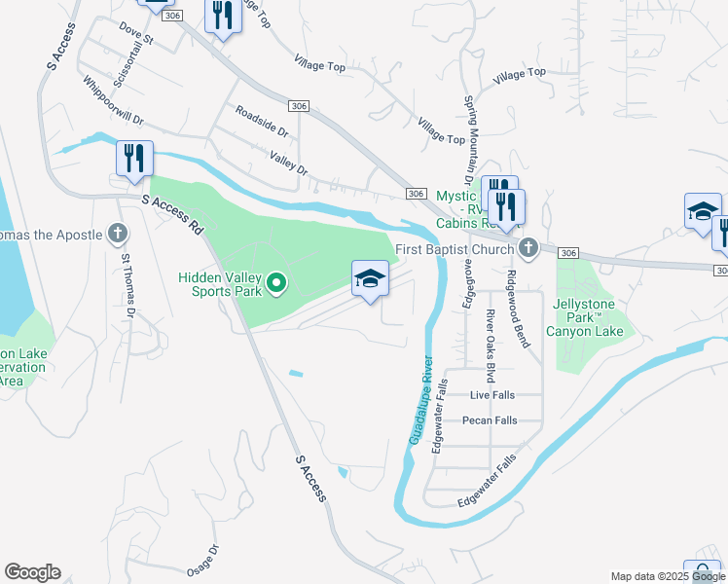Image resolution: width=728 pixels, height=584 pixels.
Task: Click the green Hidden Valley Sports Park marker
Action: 276,284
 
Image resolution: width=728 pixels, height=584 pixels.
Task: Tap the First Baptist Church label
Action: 455,249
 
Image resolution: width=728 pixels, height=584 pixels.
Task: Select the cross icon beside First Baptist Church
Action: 528,248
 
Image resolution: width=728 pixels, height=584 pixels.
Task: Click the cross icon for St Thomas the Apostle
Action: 117,234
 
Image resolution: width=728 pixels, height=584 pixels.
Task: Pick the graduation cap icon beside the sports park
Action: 370,279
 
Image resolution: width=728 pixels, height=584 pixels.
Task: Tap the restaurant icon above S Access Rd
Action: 134,159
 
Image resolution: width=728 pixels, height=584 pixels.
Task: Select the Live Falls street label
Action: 491,395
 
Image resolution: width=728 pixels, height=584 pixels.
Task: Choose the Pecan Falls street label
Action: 490,420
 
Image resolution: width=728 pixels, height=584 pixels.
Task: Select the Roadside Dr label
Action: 261,122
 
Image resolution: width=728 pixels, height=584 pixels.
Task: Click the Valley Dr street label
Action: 289,163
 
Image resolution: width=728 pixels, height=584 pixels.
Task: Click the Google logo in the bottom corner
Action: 32,572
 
